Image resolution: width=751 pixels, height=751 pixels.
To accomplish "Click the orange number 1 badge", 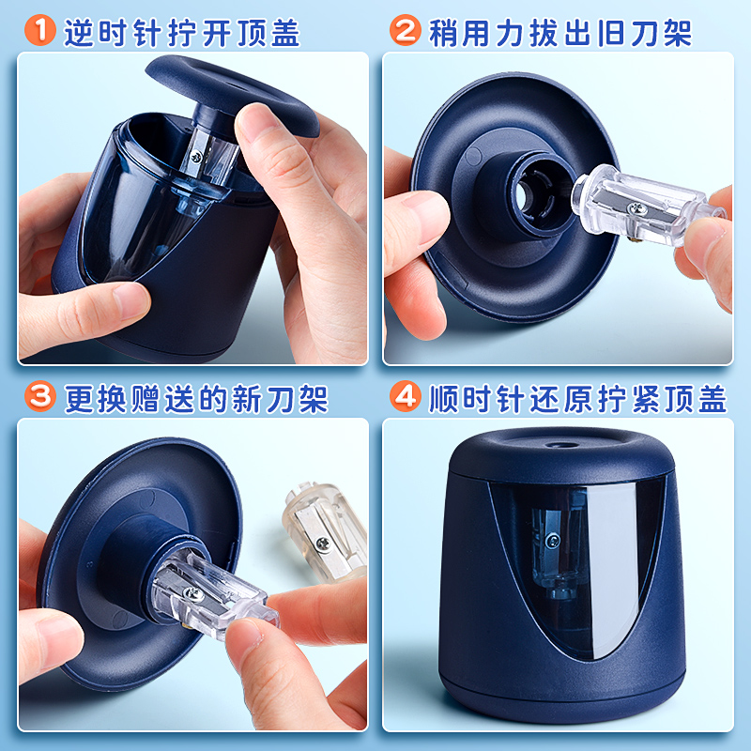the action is click(40, 30).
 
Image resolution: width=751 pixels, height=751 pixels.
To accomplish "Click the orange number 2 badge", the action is click(406, 30).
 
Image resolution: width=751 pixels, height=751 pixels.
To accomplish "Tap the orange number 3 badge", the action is click(40, 396).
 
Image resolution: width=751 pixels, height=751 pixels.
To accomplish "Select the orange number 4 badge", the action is click(406, 396).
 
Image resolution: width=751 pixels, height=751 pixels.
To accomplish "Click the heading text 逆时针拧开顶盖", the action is click(182, 33).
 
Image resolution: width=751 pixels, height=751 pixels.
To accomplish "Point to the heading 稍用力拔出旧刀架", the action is click(560, 33).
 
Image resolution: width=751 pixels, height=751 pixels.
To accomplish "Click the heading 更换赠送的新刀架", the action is click(196, 398).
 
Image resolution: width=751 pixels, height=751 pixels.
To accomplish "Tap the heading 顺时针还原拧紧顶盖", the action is click(577, 398).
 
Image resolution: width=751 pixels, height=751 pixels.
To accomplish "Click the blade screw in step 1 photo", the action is click(196, 157).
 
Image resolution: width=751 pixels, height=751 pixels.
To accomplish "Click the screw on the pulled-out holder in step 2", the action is click(636, 207).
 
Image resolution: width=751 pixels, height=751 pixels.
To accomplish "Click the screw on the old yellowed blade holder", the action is click(323, 543).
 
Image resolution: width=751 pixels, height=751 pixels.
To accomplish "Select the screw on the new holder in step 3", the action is click(194, 594).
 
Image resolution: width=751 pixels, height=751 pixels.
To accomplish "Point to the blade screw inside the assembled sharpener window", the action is click(552, 541).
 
